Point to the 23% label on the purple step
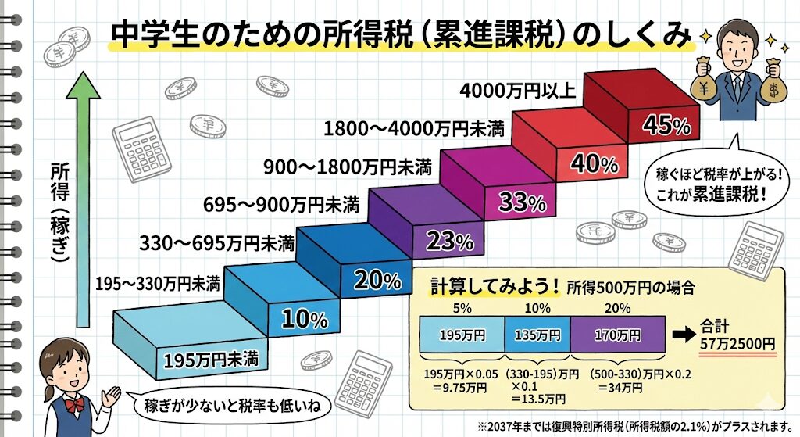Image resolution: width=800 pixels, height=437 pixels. coord(450,242)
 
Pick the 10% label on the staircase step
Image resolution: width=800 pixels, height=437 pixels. coord(304,318)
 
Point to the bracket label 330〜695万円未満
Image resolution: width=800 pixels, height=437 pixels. coord(217,242)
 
